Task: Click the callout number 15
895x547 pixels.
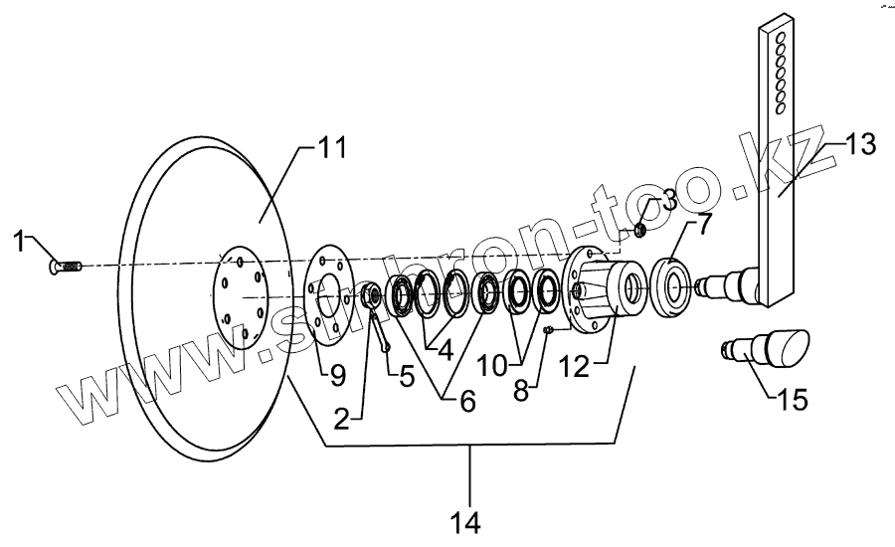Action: (x=792, y=400)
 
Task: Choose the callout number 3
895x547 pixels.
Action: (x=668, y=200)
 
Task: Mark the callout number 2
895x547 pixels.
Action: (x=341, y=419)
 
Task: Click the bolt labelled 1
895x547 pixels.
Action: (x=65, y=266)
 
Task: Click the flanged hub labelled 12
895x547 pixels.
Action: (x=602, y=288)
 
